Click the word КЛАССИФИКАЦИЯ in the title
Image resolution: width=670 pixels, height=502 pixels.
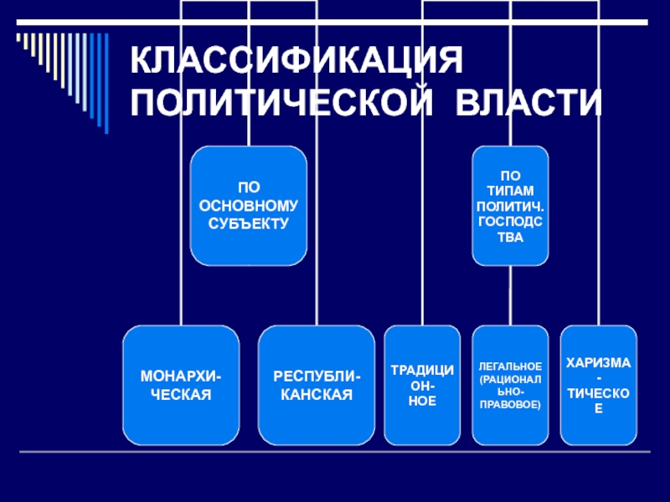(x=297, y=61)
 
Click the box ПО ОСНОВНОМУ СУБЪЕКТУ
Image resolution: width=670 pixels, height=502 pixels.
(x=248, y=206)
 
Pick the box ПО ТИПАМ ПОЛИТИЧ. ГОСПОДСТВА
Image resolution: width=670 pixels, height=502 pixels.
(x=510, y=206)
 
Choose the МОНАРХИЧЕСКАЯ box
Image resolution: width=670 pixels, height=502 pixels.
(x=180, y=385)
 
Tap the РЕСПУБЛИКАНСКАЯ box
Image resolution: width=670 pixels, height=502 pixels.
(x=317, y=385)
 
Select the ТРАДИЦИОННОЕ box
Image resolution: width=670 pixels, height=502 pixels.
(x=423, y=385)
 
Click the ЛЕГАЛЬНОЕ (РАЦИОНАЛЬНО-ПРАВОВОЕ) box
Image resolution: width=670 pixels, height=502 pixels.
(x=510, y=385)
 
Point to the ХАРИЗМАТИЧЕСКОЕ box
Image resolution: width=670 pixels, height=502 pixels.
(x=598, y=385)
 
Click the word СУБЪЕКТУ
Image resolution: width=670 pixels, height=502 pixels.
(x=248, y=223)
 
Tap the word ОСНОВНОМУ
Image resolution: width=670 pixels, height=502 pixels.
(x=248, y=207)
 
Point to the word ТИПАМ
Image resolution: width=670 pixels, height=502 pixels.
(x=510, y=190)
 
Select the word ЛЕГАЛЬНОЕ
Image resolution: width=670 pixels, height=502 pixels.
(x=510, y=366)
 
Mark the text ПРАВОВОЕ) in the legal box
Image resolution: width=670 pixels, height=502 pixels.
(x=510, y=404)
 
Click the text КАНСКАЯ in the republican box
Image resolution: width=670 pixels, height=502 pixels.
(x=317, y=393)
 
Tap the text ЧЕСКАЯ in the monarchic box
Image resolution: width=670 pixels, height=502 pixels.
(x=180, y=393)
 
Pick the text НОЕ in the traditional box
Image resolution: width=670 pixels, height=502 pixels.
(x=423, y=402)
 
